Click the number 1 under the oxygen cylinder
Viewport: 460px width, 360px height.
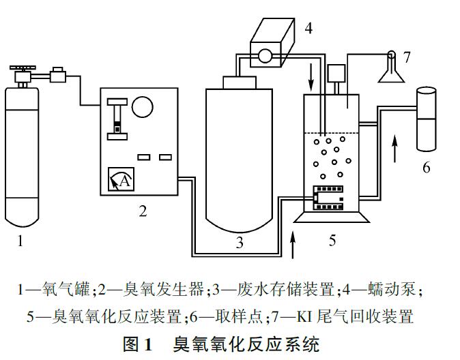(22, 239)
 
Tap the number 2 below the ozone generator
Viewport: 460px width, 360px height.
(143, 211)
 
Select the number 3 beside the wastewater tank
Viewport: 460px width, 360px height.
(240, 241)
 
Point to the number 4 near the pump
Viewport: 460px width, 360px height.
(308, 28)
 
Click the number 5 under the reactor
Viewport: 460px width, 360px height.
(332, 241)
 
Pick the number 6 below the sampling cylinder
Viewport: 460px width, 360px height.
(427, 167)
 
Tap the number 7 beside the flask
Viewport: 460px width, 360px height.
(407, 57)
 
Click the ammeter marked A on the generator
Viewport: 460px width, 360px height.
(121, 181)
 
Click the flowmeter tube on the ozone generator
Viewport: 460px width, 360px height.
(118, 119)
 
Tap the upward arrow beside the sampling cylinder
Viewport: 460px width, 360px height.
(394, 148)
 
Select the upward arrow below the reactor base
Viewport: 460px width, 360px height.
(293, 245)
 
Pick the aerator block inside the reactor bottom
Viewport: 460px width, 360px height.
(327, 197)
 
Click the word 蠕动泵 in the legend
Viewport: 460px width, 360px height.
(390, 290)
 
